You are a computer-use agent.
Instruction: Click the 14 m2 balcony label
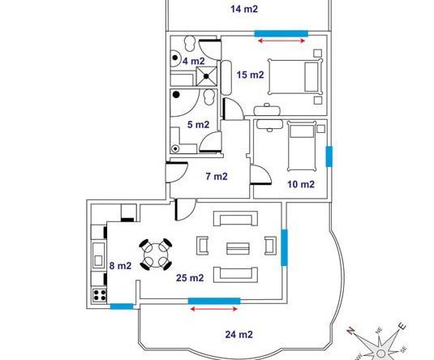tap(244, 9)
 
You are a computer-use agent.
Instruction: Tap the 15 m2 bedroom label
tap(250, 75)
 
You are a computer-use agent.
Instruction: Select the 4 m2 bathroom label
tap(193, 61)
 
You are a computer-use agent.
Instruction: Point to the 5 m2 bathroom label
tap(198, 125)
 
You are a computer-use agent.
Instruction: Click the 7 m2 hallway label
tap(217, 176)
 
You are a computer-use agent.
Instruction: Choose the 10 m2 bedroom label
tap(301, 184)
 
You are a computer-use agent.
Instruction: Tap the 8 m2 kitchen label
tap(120, 266)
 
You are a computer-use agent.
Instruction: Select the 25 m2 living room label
tap(190, 277)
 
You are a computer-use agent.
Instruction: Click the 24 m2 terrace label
tap(238, 335)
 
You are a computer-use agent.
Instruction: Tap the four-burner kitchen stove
tap(100, 294)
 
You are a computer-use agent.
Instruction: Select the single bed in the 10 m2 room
tap(302, 146)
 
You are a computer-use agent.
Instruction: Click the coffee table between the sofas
tap(238, 248)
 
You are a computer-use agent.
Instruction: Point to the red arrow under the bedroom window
tap(281, 41)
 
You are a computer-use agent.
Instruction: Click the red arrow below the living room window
tap(214, 309)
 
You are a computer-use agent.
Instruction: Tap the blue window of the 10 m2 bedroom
tap(329, 156)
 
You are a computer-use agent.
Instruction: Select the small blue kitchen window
tap(122, 306)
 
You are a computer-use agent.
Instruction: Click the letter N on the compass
tap(351, 331)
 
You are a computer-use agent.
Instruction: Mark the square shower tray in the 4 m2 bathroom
tap(206, 76)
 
